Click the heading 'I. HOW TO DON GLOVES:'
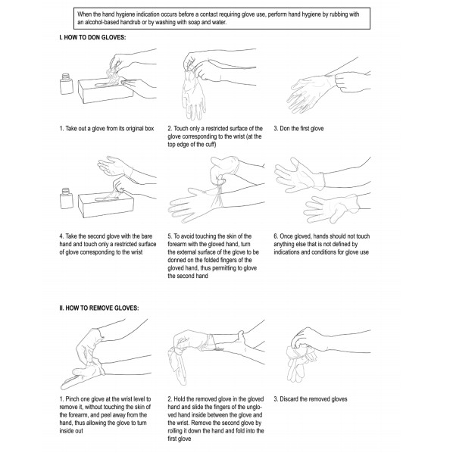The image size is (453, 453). coord(92,37)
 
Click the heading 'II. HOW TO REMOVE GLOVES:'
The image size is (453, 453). coord(98,308)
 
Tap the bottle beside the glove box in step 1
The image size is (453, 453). coord(67,84)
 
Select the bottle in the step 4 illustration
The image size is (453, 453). coord(66,198)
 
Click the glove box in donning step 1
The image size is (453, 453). coord(105,91)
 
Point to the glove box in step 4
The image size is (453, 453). coord(106,205)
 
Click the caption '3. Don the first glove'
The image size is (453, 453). coord(298,129)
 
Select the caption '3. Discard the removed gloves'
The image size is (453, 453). coord(311,399)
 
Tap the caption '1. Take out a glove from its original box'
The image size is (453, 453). coord(107,129)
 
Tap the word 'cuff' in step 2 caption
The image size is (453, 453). coord(210,145)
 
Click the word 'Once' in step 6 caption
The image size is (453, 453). coord(286,236)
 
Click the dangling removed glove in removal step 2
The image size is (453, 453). coord(179,365)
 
